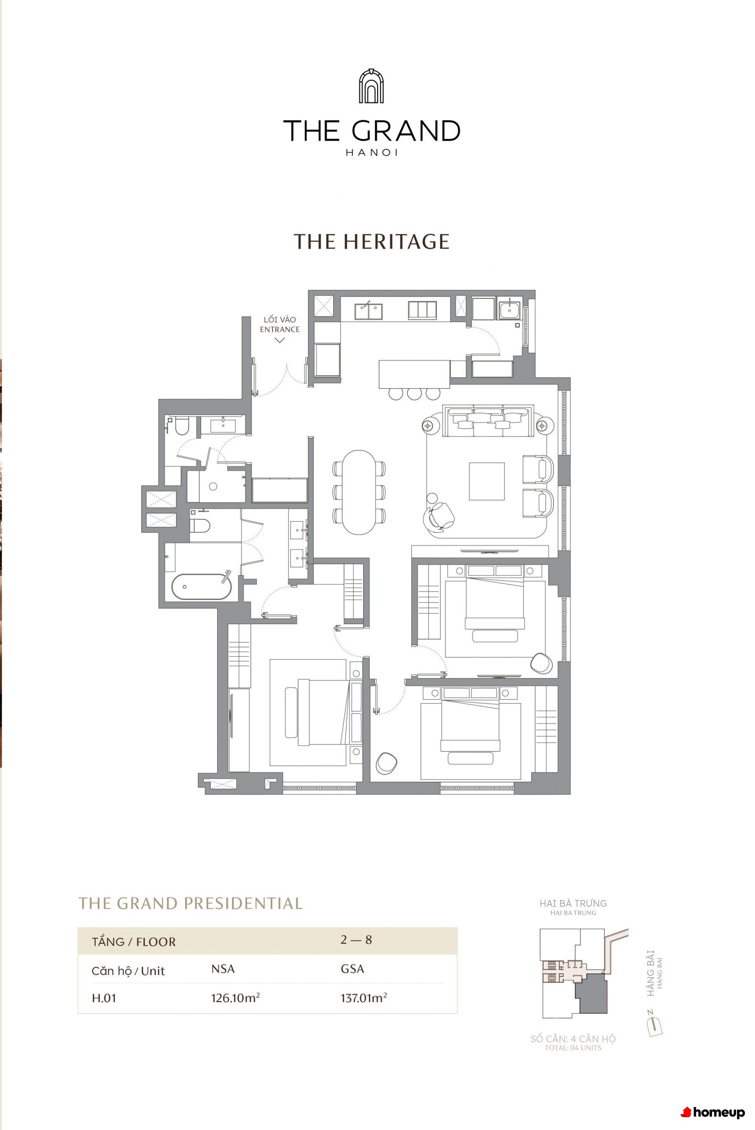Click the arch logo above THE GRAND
click(x=371, y=86)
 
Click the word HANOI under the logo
click(x=372, y=153)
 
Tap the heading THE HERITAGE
click(x=372, y=241)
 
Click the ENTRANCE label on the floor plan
click(x=280, y=329)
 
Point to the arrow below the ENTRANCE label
click(x=279, y=340)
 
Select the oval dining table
click(x=359, y=492)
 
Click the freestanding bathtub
click(x=202, y=587)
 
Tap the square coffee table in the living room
click(x=487, y=482)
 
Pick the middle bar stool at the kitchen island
click(x=414, y=394)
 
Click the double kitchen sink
click(x=369, y=311)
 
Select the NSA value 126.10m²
click(x=236, y=997)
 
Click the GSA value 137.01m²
click(x=364, y=997)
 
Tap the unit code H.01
click(x=104, y=998)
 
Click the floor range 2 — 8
click(x=356, y=940)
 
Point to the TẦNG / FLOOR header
click(x=134, y=942)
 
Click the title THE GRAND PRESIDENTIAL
click(x=191, y=903)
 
